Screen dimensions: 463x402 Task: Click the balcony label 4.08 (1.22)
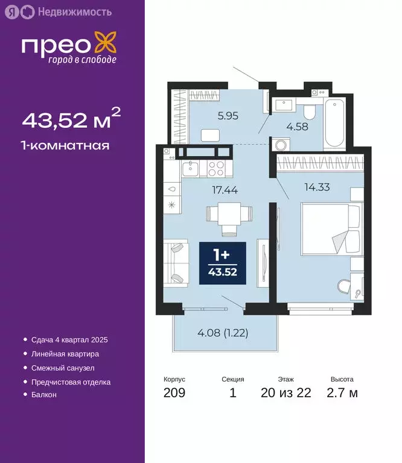click(222, 332)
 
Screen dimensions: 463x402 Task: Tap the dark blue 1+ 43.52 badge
click(223, 264)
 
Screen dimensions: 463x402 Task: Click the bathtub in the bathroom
click(333, 125)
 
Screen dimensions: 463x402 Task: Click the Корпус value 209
click(174, 394)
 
